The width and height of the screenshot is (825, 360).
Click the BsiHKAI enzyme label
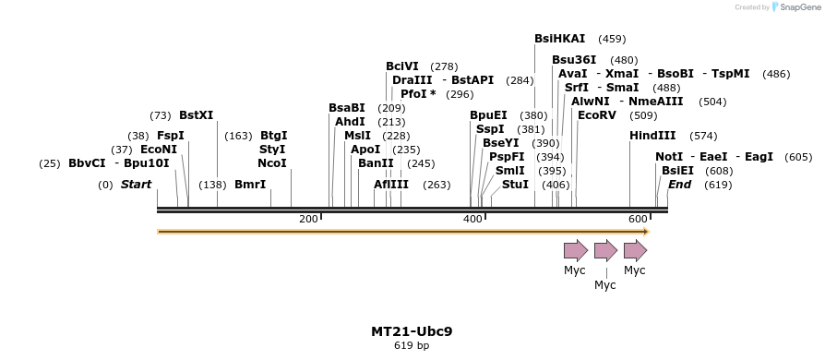pyautogui.click(x=559, y=39)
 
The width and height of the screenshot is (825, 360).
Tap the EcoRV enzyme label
pyautogui.click(x=596, y=115)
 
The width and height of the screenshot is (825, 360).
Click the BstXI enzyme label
pyautogui.click(x=196, y=115)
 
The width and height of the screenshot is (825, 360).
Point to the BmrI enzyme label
pyautogui.click(x=250, y=185)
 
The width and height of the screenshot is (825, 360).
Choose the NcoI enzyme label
pyautogui.click(x=272, y=163)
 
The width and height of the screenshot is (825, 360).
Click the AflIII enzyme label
pyautogui.click(x=391, y=185)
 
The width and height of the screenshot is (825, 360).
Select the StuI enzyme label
pyautogui.click(x=515, y=185)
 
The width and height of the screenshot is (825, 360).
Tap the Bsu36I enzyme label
pyautogui.click(x=574, y=60)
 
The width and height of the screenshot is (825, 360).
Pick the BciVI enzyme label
pyautogui.click(x=402, y=66)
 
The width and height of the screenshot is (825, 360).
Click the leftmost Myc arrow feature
pyautogui.click(x=575, y=249)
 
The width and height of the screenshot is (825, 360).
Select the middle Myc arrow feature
pyautogui.click(x=605, y=249)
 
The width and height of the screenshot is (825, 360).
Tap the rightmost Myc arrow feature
pyautogui.click(x=635, y=249)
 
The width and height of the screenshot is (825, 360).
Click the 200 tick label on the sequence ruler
pyautogui.click(x=308, y=219)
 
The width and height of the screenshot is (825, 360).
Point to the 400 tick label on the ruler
pyautogui.click(x=472, y=219)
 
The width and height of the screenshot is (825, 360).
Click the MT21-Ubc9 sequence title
pyautogui.click(x=412, y=331)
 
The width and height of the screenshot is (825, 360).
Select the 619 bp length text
pyautogui.click(x=412, y=346)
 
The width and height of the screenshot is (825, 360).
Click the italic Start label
pyautogui.click(x=136, y=185)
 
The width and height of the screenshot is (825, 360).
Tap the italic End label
pyautogui.click(x=680, y=185)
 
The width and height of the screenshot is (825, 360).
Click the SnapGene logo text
pyautogui.click(x=797, y=7)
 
